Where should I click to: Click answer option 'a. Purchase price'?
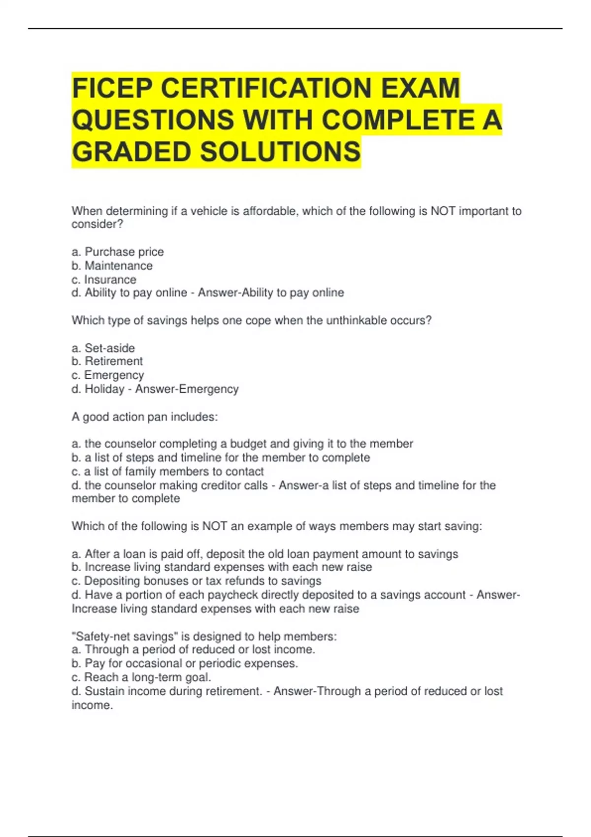pos(118,252)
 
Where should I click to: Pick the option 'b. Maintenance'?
pos(112,265)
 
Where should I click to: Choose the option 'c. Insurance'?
pos(104,279)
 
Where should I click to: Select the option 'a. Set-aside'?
pos(103,348)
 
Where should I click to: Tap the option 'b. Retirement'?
pos(107,361)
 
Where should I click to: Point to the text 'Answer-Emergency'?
pos(187,389)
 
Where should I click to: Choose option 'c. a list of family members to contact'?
pos(168,471)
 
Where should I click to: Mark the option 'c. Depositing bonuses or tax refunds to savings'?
pos(197,581)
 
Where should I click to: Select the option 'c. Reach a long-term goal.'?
pos(141,677)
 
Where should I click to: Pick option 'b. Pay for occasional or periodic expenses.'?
pos(185,663)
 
